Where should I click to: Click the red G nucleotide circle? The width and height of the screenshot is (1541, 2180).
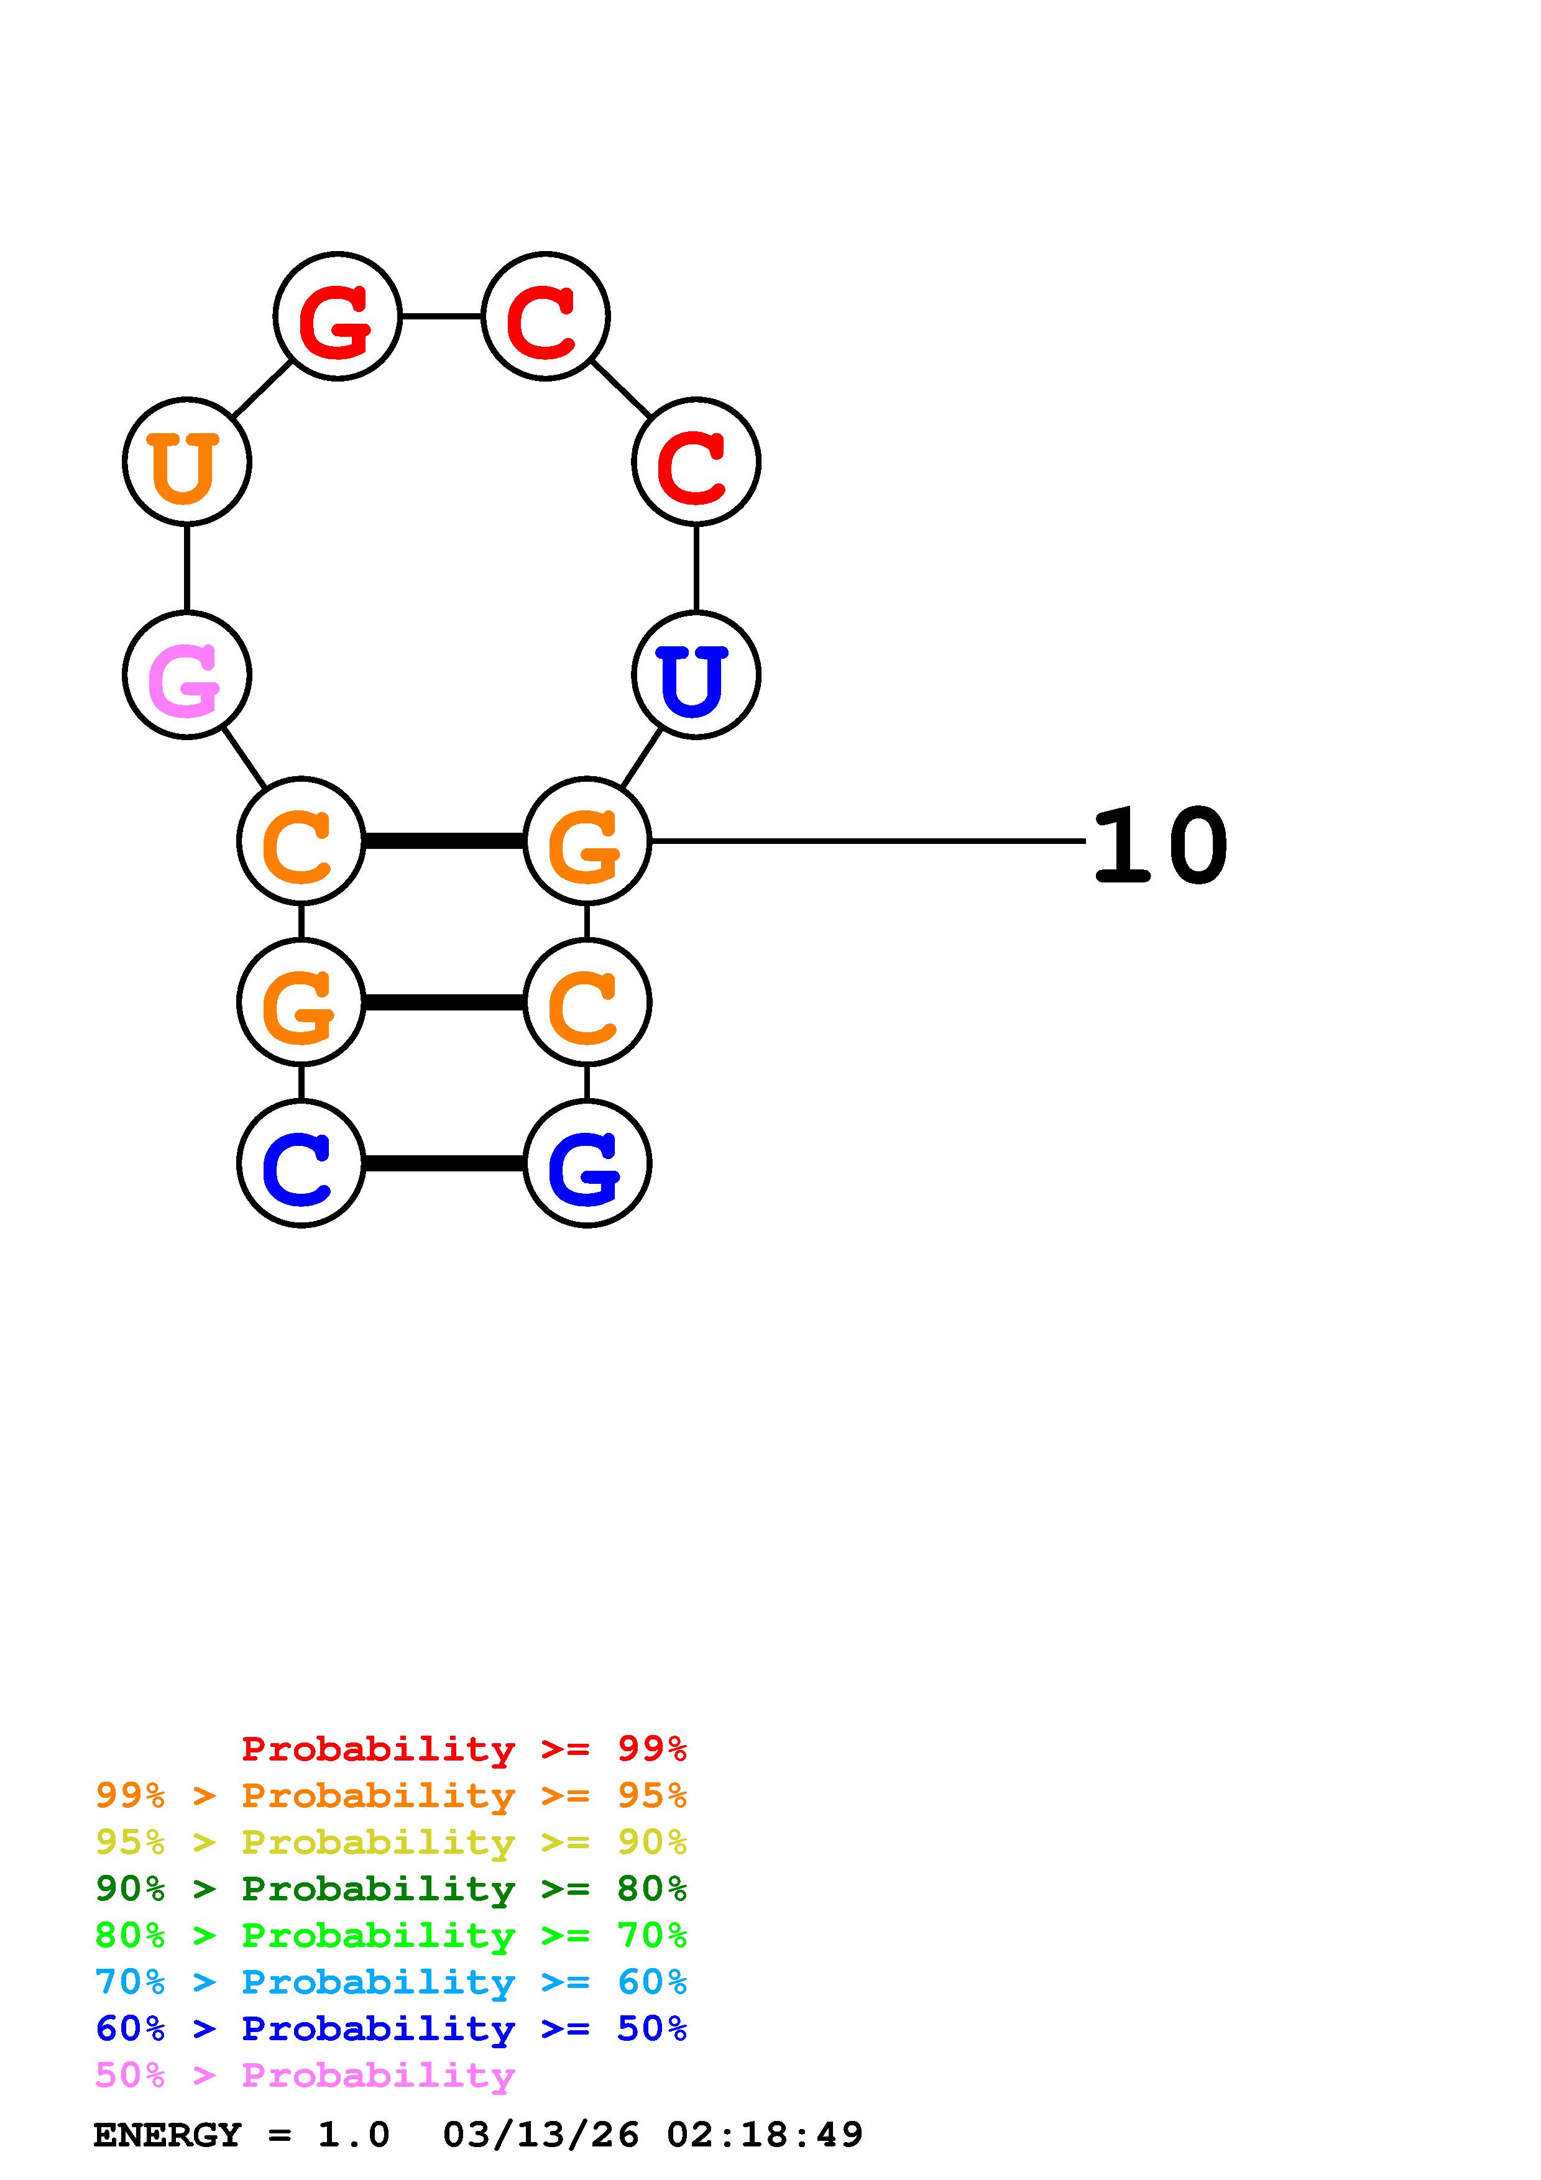tap(337, 316)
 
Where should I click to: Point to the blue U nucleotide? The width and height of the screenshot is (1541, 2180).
tap(696, 675)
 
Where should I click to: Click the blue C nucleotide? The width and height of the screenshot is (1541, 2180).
tap(301, 1163)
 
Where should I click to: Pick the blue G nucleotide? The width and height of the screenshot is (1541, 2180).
tap(587, 1163)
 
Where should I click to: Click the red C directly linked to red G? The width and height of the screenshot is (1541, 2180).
tap(545, 316)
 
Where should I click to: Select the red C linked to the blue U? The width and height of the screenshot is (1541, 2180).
tap(696, 462)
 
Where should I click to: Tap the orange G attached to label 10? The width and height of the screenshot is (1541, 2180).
tap(587, 841)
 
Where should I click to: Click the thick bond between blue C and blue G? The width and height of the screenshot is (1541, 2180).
tap(443, 1163)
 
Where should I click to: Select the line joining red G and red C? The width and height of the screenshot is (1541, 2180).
tap(441, 316)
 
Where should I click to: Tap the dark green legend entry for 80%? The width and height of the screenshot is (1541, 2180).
tap(390, 1889)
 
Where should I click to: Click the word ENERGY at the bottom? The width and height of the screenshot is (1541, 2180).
tap(167, 2135)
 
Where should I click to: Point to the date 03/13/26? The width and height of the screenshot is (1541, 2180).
tap(540, 2135)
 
